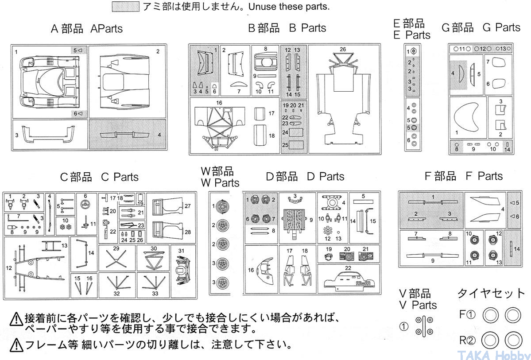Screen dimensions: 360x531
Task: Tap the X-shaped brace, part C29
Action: [x=116, y=259]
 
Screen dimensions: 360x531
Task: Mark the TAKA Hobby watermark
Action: [x=493, y=355]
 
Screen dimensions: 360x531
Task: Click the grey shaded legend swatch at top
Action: [x=126, y=7]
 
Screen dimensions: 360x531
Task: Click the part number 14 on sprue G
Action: [x=507, y=149]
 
